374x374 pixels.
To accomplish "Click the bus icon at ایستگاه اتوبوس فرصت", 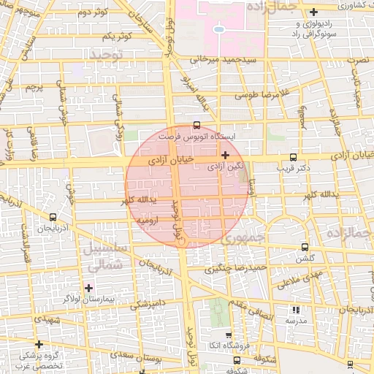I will pos(196,125).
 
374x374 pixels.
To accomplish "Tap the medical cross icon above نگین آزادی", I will pos(225,155).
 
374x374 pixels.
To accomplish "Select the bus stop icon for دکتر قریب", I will pos(293,156).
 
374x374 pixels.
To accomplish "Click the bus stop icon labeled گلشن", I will pos(304,247).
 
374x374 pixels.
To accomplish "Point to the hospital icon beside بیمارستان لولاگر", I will pos(89,288).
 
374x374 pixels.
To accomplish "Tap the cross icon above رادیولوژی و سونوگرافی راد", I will pos(313,12).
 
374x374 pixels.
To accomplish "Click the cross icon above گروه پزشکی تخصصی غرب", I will pos(39,344).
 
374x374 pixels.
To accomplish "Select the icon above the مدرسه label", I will pos(296,310).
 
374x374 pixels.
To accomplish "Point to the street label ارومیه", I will pos(148,218).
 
